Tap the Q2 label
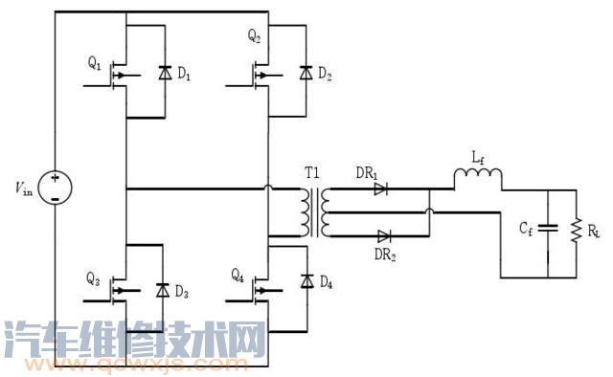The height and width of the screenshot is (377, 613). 254,37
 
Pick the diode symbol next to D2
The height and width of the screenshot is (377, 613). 306,72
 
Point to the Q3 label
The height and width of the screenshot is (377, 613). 93,279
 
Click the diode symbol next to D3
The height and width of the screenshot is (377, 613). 162,290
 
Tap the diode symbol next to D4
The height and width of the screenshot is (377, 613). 306,280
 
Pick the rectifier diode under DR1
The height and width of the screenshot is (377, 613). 381,189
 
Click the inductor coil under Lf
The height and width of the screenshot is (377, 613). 477,177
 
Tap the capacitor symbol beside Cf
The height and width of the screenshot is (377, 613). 547,229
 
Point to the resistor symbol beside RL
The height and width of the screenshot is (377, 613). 576,231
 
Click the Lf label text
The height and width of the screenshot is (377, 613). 476,154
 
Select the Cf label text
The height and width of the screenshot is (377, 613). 527,229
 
